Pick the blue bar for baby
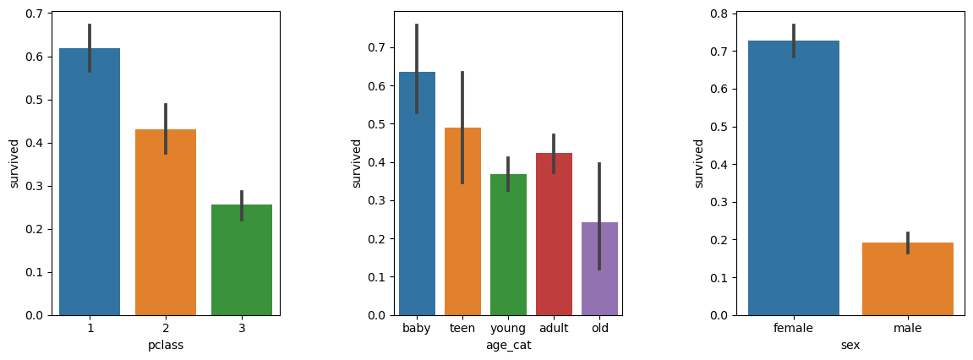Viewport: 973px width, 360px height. tap(417, 194)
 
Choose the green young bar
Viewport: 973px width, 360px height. tap(508, 245)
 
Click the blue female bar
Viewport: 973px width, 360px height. tap(793, 177)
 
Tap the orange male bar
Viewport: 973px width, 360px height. tap(907, 279)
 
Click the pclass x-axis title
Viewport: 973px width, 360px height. tap(166, 345)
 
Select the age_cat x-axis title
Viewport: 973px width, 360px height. tap(508, 345)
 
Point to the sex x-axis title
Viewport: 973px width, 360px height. tap(850, 345)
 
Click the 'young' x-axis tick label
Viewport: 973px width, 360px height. tap(508, 328)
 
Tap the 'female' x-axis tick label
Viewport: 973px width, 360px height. tap(793, 328)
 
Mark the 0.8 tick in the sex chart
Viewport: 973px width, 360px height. tap(721, 14)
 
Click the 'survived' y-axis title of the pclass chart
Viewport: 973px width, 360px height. tap(14, 163)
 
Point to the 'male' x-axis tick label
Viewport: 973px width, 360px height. tap(907, 328)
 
